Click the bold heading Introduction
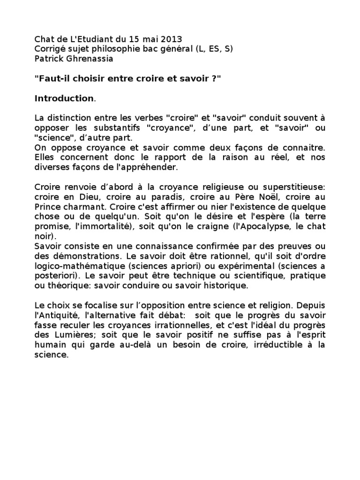[64, 98]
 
